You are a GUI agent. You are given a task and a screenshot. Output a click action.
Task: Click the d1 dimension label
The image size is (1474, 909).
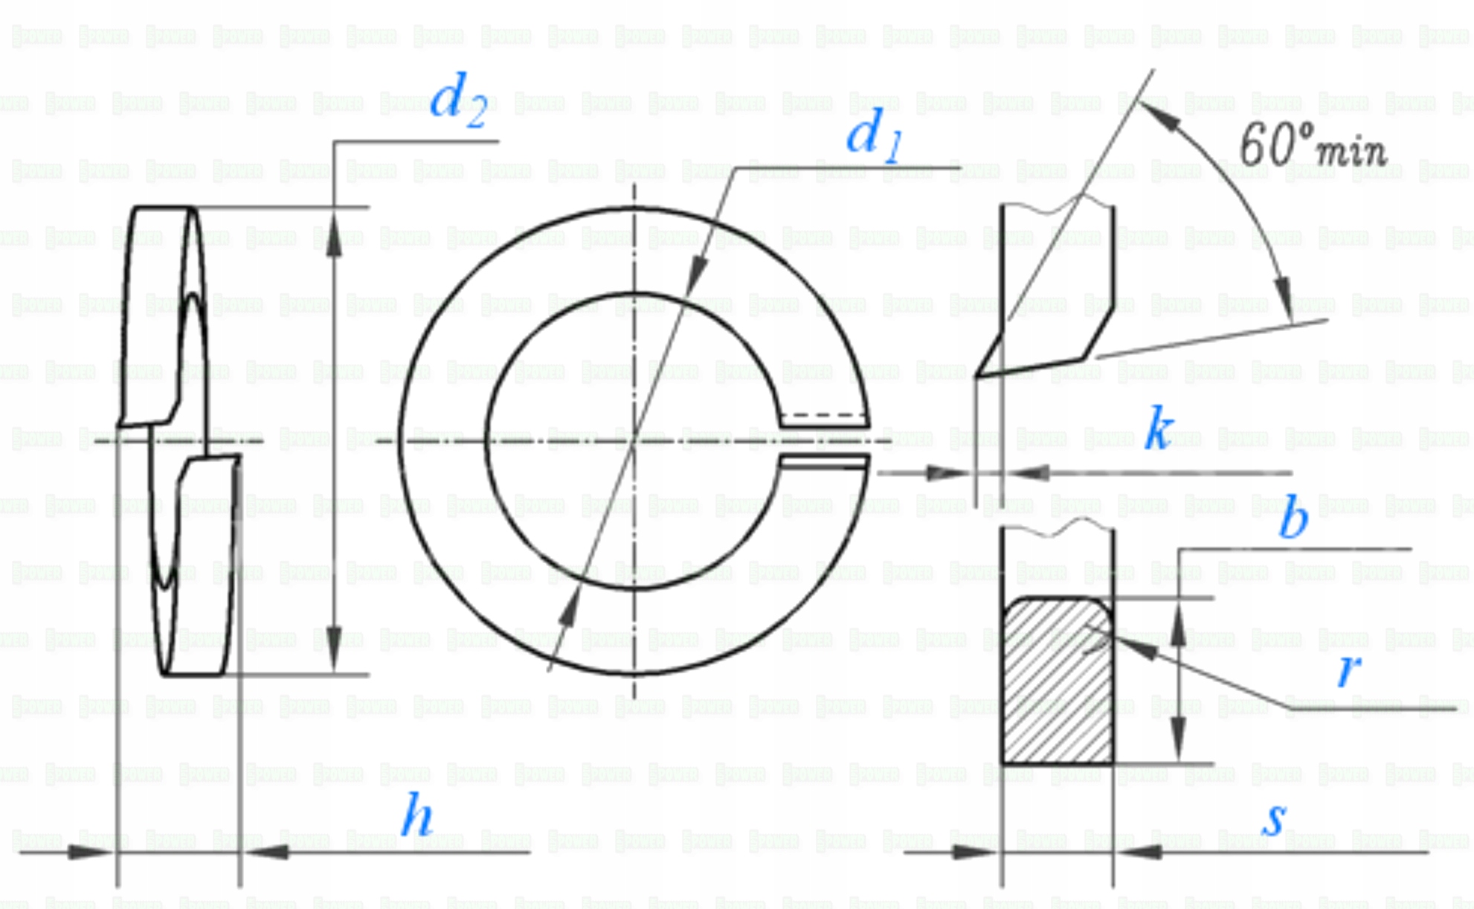coord(875,136)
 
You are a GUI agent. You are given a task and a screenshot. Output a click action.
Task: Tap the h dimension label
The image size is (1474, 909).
coord(416,816)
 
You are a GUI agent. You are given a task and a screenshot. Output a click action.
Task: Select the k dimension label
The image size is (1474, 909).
coord(1159,429)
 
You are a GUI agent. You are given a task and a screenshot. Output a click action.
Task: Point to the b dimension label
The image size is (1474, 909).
coord(1293,518)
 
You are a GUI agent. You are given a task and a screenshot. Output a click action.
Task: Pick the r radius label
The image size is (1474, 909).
coord(1348,669)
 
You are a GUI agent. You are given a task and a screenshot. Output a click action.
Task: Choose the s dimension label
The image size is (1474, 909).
coord(1275,818)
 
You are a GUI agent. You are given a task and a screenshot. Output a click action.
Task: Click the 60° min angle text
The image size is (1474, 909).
coord(1313,145)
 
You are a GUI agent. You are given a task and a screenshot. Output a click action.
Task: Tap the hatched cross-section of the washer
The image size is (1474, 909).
coord(1057,681)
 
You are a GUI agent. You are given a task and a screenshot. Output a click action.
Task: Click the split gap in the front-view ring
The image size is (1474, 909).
coord(824,441)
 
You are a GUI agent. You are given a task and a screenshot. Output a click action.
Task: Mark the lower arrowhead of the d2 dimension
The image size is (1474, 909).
coord(334,651)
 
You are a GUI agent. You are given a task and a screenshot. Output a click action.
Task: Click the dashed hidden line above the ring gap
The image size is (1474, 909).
coord(824,415)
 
